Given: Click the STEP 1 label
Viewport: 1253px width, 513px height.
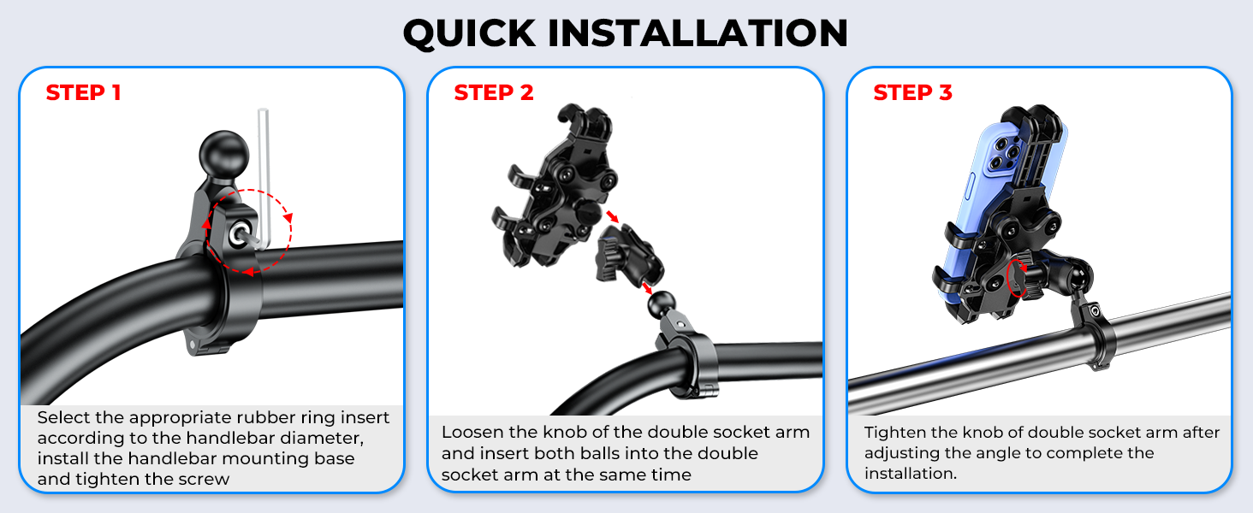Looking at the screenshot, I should (x=83, y=92).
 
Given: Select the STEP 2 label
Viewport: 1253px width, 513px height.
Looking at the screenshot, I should (x=493, y=92).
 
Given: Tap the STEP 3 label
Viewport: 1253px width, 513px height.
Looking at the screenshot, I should (x=912, y=92).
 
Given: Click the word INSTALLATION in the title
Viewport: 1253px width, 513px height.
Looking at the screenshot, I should (x=696, y=33).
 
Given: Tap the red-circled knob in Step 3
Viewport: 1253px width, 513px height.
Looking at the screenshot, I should (x=1019, y=279).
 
